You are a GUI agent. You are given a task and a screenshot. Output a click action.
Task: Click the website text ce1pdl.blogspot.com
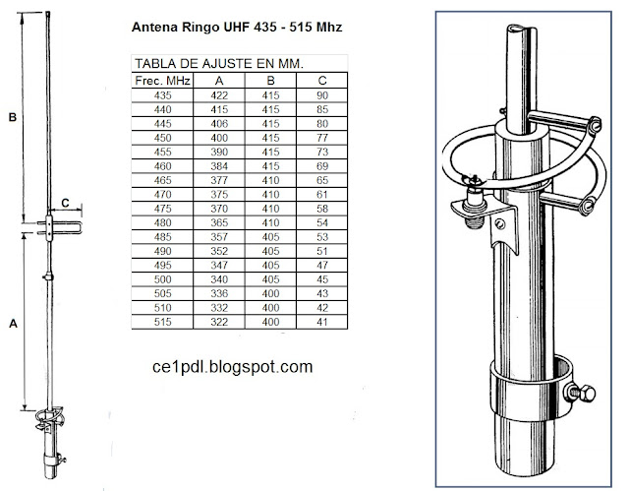(228, 366)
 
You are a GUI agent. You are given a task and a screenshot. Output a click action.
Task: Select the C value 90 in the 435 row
(323, 94)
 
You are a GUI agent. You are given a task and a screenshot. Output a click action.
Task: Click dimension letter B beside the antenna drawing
(12, 117)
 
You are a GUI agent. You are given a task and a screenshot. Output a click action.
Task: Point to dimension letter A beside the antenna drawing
(12, 323)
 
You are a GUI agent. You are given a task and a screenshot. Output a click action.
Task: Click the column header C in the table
(323, 79)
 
